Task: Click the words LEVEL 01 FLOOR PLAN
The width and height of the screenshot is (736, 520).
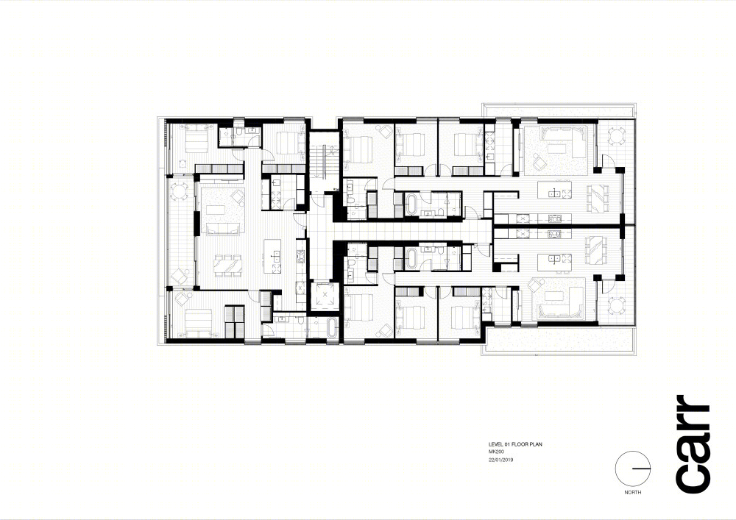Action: coord(515,444)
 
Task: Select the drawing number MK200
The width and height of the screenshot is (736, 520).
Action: coord(497,452)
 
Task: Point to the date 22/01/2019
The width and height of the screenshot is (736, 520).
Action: coord(500,460)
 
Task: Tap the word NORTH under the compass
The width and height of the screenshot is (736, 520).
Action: coord(633,492)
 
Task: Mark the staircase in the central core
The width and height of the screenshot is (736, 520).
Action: coord(324,161)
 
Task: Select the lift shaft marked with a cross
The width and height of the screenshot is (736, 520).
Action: coord(324,296)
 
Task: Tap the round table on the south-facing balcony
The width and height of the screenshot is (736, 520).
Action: coord(179,191)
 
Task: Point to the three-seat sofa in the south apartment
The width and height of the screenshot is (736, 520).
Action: coord(224,228)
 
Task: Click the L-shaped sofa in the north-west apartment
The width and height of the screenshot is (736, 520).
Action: coord(562,140)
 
